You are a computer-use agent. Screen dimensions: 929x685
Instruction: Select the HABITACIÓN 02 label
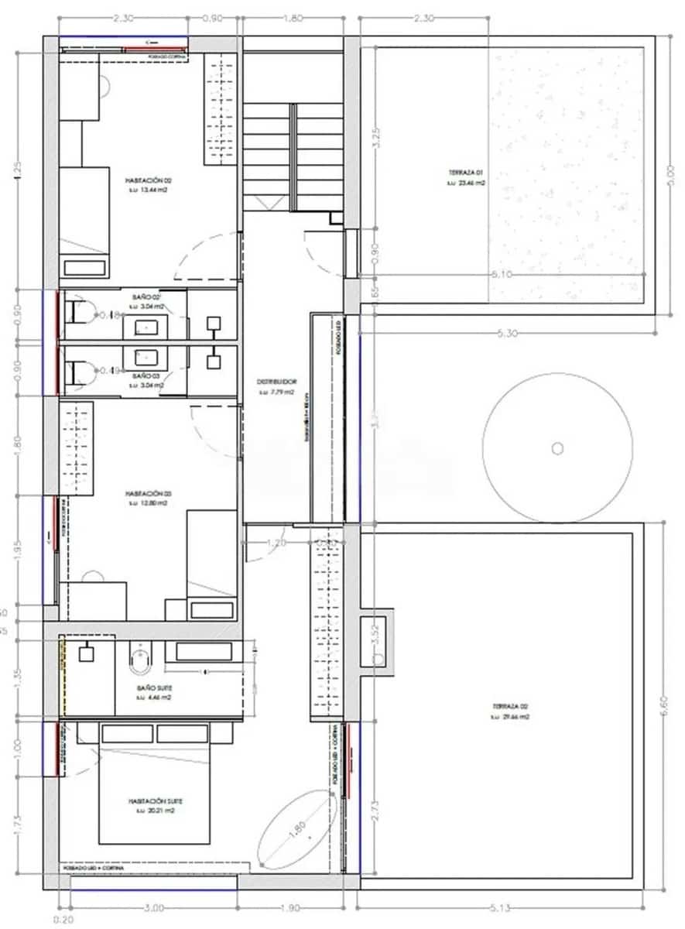(x=147, y=183)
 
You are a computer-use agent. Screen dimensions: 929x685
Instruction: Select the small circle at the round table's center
(x=557, y=447)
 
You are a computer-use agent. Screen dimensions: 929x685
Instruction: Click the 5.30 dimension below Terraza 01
(x=508, y=334)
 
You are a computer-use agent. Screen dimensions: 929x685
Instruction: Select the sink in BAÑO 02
(x=147, y=328)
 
